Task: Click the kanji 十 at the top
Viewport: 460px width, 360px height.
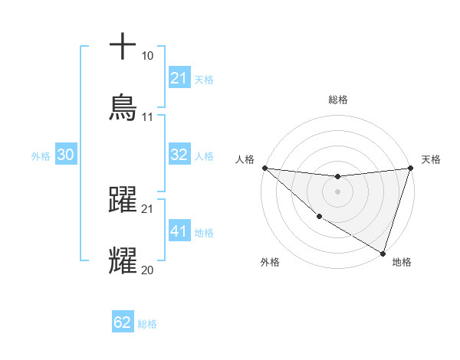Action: (x=123, y=46)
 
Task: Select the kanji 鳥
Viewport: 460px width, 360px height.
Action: (x=123, y=106)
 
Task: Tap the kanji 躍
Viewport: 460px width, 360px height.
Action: (x=123, y=199)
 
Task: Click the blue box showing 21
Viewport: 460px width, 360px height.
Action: (x=179, y=78)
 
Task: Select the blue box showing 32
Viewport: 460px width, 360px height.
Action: (x=179, y=155)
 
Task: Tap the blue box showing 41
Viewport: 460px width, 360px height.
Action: (x=179, y=231)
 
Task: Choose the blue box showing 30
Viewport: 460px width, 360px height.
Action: (x=65, y=155)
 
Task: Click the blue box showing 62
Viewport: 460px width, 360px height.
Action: (x=123, y=322)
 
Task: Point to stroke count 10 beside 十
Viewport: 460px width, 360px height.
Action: (x=148, y=56)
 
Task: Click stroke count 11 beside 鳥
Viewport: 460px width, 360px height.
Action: (x=148, y=117)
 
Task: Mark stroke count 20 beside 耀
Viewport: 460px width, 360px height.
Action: (x=148, y=270)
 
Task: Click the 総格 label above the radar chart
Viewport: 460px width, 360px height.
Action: (x=337, y=100)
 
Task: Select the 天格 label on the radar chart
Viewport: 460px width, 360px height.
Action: (x=432, y=159)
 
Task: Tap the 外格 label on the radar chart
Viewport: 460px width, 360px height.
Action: (x=270, y=262)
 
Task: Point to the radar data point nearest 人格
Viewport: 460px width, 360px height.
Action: (x=264, y=168)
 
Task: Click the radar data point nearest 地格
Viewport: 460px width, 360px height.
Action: (x=383, y=253)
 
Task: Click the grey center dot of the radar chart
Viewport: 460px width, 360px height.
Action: (x=337, y=191)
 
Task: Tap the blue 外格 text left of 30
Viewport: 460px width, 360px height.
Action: (x=41, y=155)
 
